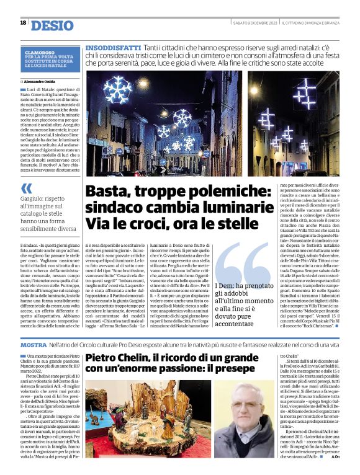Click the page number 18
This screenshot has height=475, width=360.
point(23,23)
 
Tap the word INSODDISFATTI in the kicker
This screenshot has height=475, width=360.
point(113,48)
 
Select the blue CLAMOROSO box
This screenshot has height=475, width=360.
point(50,61)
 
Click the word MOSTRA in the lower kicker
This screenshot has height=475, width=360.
point(34,344)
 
